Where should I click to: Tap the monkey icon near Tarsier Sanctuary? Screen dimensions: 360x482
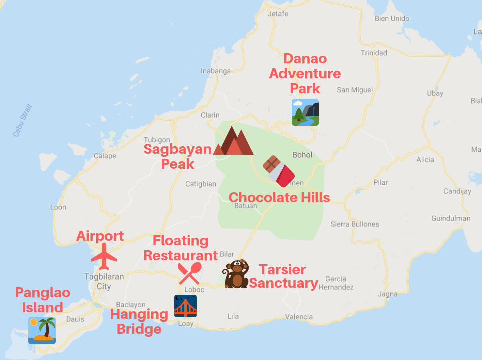(236, 274)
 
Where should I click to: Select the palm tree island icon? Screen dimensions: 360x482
(42, 330)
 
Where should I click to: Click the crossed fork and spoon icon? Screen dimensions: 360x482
(190, 273)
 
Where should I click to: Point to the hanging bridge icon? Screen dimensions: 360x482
(185, 306)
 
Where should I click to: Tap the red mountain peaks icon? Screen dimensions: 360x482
(233, 141)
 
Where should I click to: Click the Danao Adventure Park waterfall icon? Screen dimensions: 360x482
(305, 112)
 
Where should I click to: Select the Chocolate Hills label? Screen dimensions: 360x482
(279, 197)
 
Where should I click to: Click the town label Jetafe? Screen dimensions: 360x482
(278, 14)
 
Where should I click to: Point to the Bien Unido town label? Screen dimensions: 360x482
(392, 19)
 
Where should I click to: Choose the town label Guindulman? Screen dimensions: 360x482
(451, 218)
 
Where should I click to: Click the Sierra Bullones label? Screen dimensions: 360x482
(354, 224)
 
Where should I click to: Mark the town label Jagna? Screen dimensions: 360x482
(387, 294)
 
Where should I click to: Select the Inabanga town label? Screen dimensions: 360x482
(216, 71)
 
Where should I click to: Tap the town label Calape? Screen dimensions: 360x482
(105, 156)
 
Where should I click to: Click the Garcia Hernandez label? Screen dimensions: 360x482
(339, 283)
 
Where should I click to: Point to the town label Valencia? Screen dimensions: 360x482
(299, 317)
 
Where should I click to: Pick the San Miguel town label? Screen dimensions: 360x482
(355, 90)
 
